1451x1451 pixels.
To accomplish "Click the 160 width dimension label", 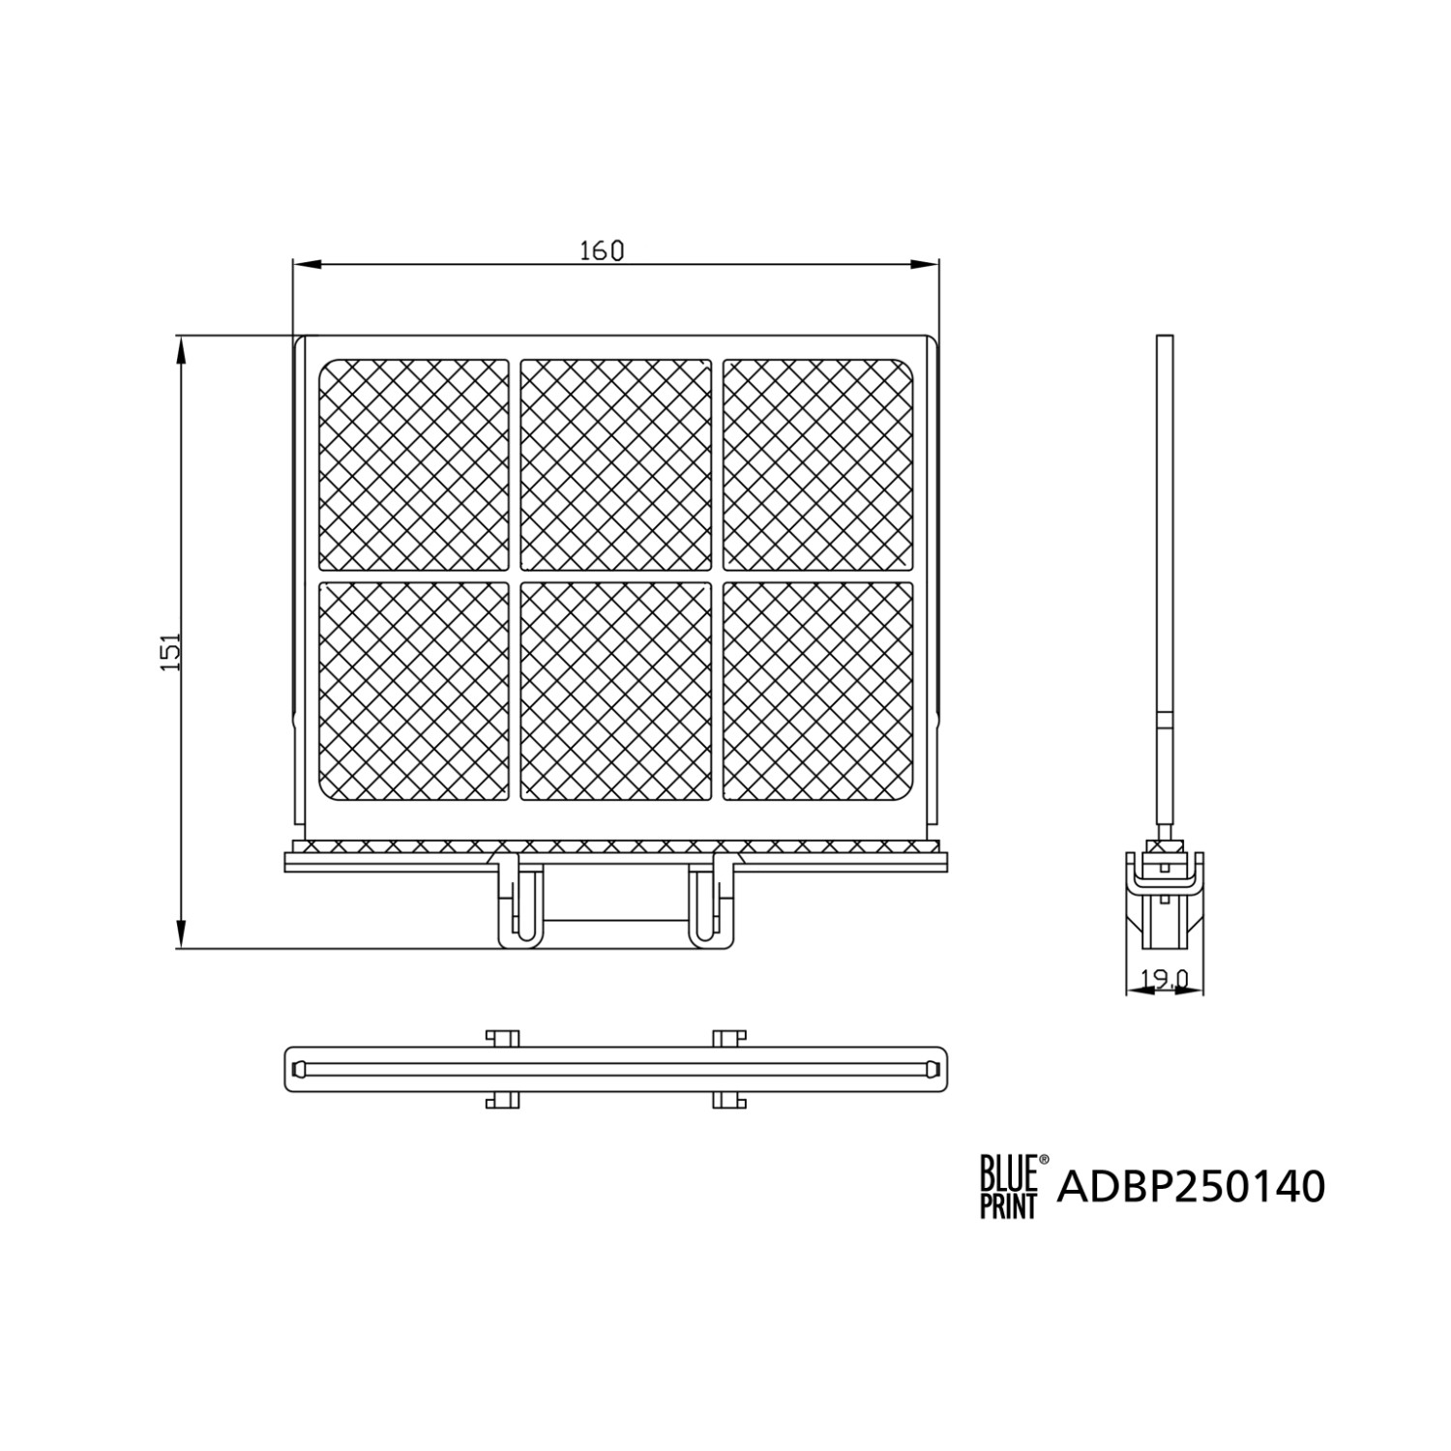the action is (x=602, y=251).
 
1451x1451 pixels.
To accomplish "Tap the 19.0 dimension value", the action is (x=1164, y=980).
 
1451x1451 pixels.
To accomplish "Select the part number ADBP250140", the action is (x=1191, y=1186).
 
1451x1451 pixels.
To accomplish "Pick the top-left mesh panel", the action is (x=414, y=465).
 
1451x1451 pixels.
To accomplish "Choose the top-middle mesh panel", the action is (x=615, y=465).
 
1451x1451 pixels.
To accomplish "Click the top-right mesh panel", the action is (x=817, y=465).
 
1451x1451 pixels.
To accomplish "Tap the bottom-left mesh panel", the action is (x=414, y=691).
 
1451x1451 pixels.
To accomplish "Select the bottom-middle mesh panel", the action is (x=615, y=691).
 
